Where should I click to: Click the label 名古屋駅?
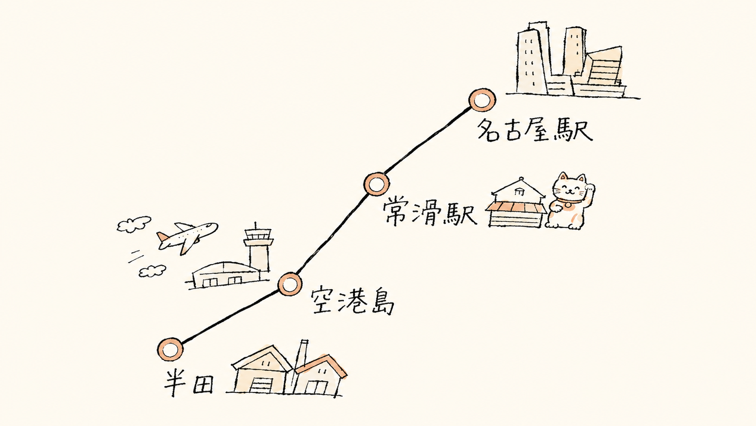(x=535, y=130)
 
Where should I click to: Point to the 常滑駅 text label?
(x=430, y=213)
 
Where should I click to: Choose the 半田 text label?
(x=188, y=382)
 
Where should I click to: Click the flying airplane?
(x=187, y=237)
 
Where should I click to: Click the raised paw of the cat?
(x=589, y=190)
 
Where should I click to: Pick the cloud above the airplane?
(x=134, y=224)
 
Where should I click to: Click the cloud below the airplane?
(x=152, y=271)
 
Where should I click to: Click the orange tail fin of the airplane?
(x=163, y=237)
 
